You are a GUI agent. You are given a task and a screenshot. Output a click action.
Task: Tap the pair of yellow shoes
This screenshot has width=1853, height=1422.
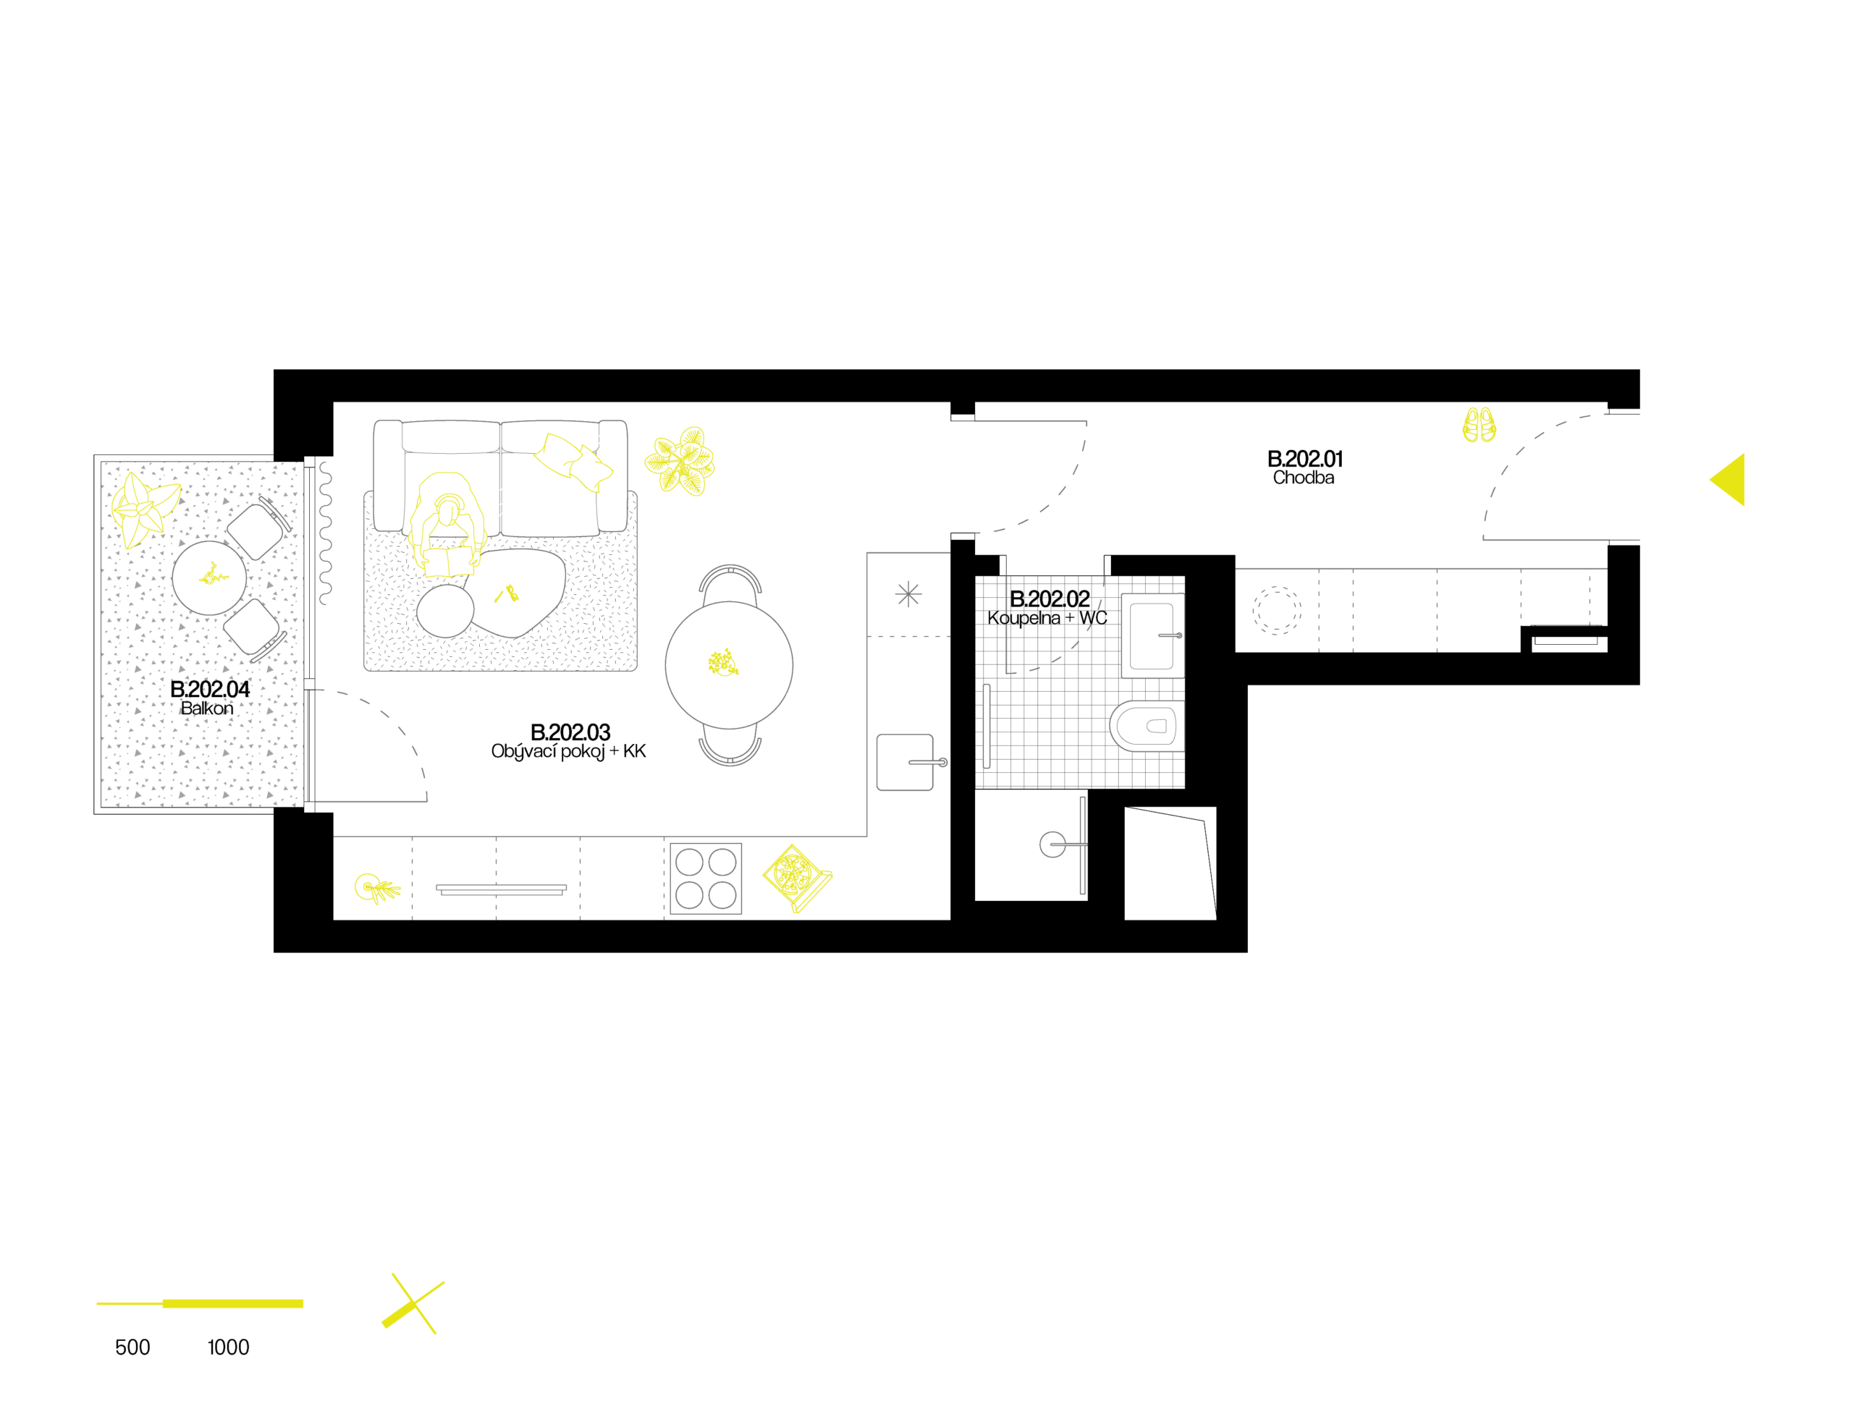coord(1479,425)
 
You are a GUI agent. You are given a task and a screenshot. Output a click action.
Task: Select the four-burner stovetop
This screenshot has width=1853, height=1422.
coord(705,879)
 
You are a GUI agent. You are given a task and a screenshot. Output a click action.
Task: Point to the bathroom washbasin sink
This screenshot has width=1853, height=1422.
coord(1152,635)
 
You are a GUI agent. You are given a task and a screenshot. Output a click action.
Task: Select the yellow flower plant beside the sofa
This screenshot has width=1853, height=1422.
coord(680,461)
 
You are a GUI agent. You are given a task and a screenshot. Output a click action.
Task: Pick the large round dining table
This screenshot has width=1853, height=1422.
coord(729,664)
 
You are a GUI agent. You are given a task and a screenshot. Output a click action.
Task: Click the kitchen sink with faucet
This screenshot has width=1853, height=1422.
coord(906,763)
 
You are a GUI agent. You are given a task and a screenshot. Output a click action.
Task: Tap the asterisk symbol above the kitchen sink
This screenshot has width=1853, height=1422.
coord(908,594)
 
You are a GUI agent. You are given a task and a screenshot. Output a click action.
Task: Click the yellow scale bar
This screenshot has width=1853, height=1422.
coord(200,1303)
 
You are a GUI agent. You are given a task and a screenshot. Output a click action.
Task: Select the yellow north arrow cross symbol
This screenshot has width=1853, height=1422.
coord(414,1304)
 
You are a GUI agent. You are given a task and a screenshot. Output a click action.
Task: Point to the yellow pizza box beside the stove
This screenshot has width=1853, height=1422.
coord(795,877)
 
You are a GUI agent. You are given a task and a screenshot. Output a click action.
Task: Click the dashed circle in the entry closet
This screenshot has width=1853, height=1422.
coord(1275,609)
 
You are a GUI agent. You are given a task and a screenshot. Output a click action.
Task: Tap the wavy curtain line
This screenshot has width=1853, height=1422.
coord(325,533)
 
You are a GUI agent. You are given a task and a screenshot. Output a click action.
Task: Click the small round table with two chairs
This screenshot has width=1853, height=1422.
coord(209,578)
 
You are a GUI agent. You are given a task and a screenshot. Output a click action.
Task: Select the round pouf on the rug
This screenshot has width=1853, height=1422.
coord(445,610)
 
